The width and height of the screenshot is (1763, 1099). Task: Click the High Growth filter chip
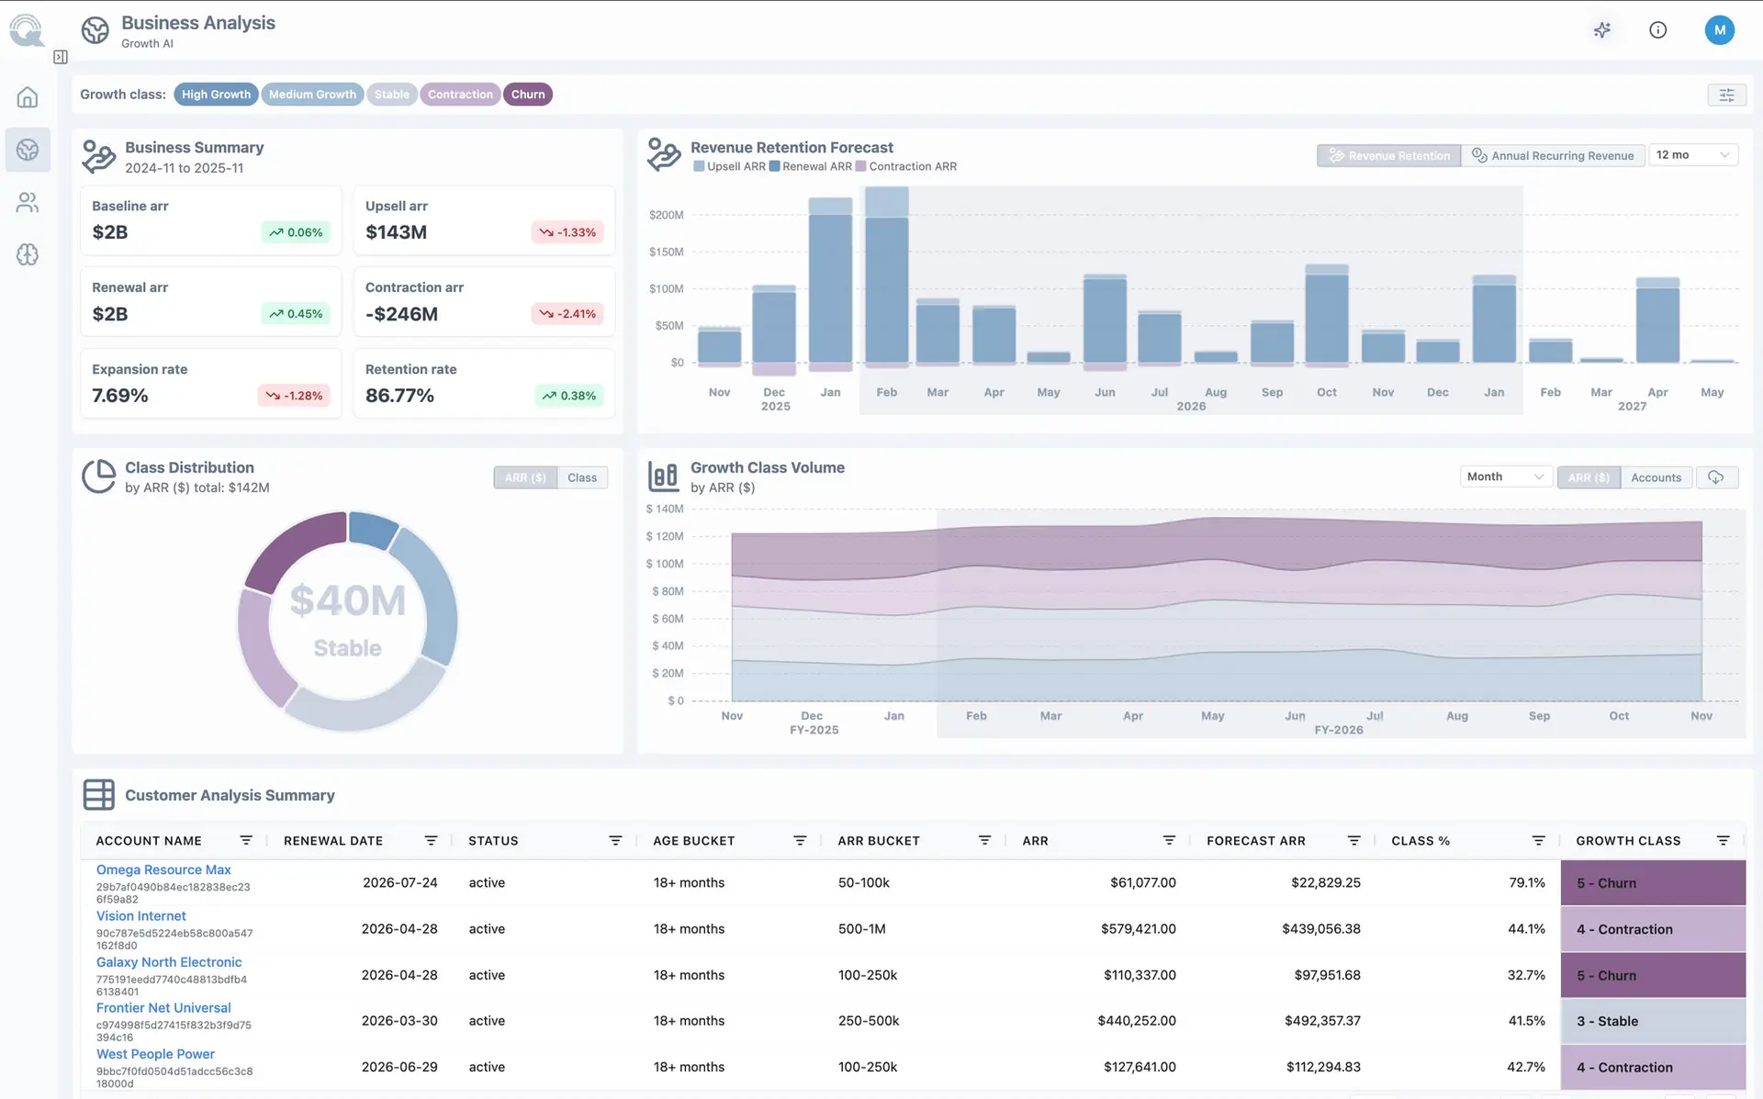click(x=216, y=95)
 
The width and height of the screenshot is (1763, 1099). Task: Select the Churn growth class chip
click(x=528, y=95)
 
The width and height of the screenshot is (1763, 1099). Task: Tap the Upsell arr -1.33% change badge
click(x=567, y=232)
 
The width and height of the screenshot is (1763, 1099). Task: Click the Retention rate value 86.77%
click(x=399, y=396)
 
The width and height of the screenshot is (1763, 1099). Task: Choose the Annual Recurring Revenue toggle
click(x=1553, y=155)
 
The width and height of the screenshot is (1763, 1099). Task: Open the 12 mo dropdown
click(x=1693, y=155)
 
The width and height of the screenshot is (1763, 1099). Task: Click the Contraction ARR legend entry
click(x=906, y=167)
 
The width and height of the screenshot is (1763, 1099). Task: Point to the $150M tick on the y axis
click(x=666, y=252)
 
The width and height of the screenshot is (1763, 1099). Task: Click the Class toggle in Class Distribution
click(x=582, y=477)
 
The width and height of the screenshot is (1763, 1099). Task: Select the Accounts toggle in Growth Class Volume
click(x=1656, y=477)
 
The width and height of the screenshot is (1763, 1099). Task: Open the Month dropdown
click(x=1506, y=477)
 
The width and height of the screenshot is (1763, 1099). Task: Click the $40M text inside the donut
click(x=348, y=600)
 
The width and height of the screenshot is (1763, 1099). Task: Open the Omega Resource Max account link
click(x=163, y=869)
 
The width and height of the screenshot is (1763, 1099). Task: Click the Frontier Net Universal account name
click(x=163, y=1008)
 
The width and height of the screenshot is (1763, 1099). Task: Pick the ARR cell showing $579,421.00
click(x=1139, y=929)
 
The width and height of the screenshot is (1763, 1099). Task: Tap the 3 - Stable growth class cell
click(x=1653, y=1021)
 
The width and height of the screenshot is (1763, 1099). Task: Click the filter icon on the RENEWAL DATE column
click(x=431, y=841)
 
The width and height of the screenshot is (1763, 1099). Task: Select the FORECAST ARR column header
click(x=1255, y=841)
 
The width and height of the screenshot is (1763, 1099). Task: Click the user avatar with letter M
click(x=1719, y=30)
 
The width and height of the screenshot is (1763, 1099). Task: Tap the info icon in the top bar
click(x=1657, y=30)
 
